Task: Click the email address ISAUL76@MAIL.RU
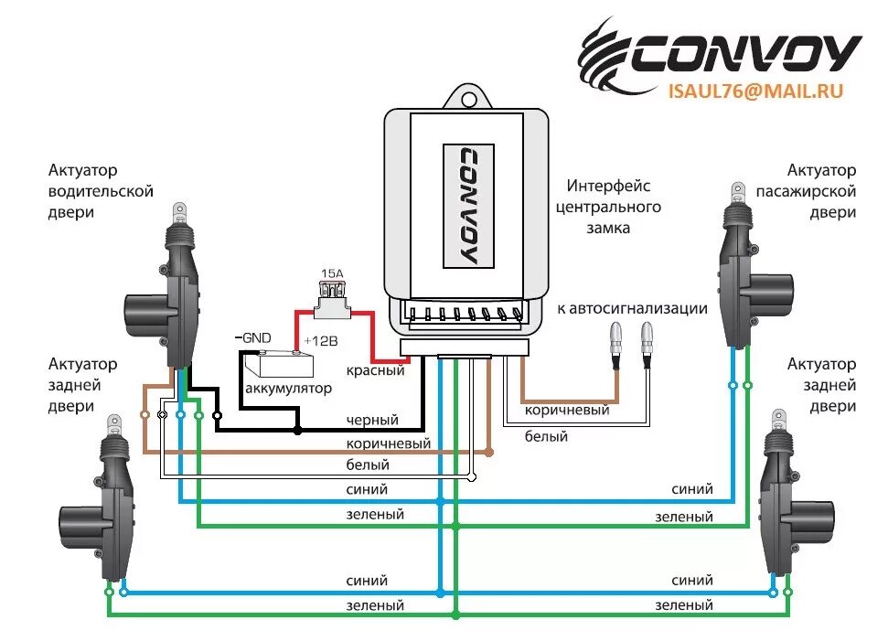coord(754,91)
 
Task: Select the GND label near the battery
coord(254,337)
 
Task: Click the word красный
coord(375,371)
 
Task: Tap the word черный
coord(372,420)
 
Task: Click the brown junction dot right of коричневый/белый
coord(489,452)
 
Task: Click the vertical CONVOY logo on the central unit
coord(468,205)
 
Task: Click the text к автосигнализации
coord(632,308)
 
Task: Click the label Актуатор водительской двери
coord(101,191)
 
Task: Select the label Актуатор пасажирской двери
coord(806,191)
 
